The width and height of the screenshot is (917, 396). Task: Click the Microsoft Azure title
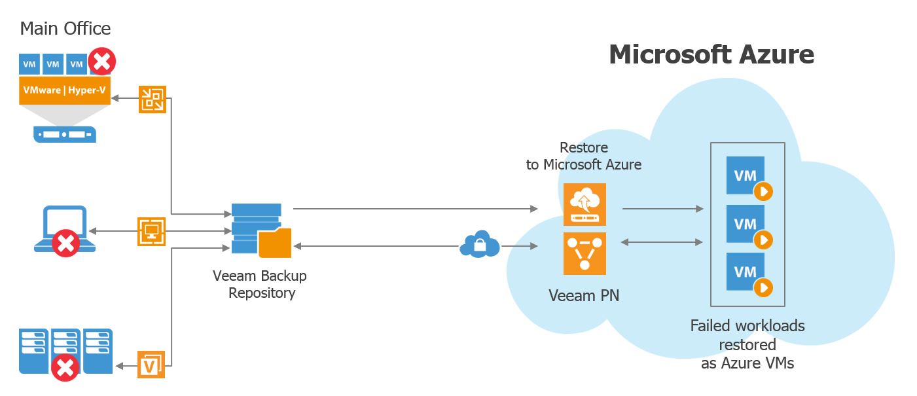[711, 54]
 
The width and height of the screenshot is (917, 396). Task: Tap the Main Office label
[65, 29]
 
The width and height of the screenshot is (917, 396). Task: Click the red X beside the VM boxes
[101, 62]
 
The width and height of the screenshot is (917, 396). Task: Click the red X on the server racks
[65, 367]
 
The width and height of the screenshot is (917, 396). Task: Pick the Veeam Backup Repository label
[260, 284]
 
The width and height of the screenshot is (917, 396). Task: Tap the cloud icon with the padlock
[479, 244]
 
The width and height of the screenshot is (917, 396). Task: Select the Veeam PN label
[584, 296]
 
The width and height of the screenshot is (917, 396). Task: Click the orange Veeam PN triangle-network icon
[584, 253]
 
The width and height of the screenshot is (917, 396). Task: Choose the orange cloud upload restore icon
[584, 204]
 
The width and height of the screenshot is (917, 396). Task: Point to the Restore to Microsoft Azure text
[584, 156]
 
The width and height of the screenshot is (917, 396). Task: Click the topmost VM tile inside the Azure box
[746, 175]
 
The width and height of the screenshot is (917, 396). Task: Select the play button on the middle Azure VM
[763, 240]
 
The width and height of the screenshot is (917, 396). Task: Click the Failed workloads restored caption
[747, 344]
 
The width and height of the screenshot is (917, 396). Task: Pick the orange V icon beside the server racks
[151, 364]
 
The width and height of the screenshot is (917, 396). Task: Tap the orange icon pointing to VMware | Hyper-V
[153, 99]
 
